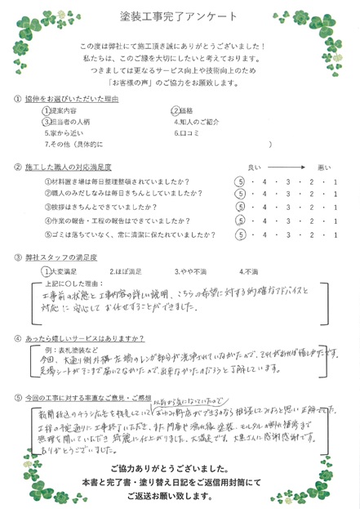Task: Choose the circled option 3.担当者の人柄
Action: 69,121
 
